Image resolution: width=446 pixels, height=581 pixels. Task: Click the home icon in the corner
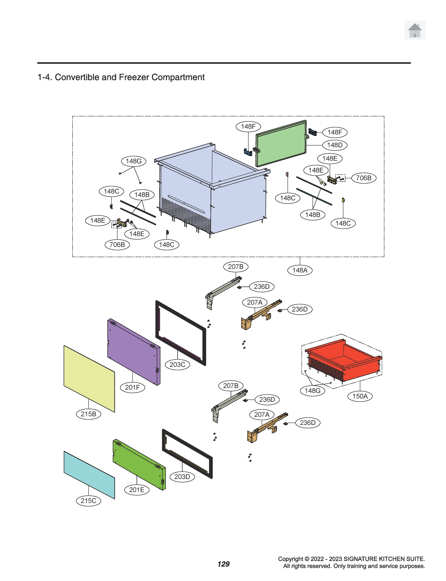[414, 30]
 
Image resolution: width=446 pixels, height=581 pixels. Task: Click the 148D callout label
[335, 145]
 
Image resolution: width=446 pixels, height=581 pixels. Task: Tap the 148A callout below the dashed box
[300, 270]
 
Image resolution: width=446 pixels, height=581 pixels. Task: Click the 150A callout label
[360, 396]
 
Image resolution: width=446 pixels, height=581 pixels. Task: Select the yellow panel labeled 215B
[89, 378]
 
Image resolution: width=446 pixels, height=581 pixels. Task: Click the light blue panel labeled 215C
[89, 474]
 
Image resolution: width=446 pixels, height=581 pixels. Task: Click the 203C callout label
[177, 365]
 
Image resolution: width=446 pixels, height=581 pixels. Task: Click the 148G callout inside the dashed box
[134, 161]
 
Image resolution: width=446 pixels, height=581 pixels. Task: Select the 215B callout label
[88, 414]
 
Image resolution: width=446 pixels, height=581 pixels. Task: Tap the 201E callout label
[136, 490]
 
